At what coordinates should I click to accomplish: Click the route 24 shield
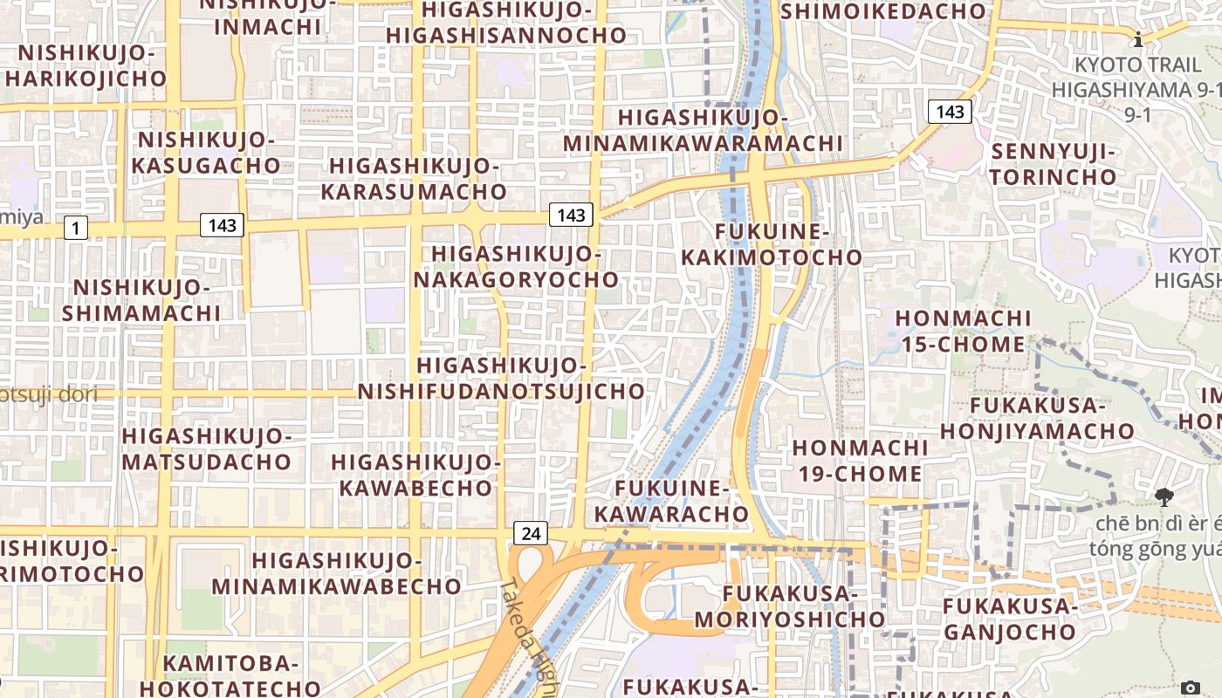pyautogui.click(x=531, y=533)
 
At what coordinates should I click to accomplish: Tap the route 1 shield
pyautogui.click(x=76, y=229)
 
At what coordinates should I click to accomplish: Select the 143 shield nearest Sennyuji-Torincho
pyautogui.click(x=950, y=111)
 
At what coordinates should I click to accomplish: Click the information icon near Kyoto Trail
pyautogui.click(x=1138, y=39)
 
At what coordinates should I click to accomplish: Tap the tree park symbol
pyautogui.click(x=1164, y=498)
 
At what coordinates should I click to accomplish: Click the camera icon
pyautogui.click(x=1190, y=688)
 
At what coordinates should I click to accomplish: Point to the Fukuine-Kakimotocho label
pyautogui.click(x=772, y=244)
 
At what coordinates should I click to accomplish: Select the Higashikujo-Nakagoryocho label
pyautogui.click(x=517, y=266)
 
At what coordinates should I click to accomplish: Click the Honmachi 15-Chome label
pyautogui.click(x=963, y=331)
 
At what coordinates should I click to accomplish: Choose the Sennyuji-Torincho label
pyautogui.click(x=1054, y=164)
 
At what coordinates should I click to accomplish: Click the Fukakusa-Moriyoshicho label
pyautogui.click(x=791, y=606)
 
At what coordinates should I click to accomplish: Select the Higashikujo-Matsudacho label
pyautogui.click(x=207, y=448)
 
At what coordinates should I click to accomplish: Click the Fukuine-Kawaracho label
pyautogui.click(x=672, y=501)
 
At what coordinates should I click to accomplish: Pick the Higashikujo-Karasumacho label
pyautogui.click(x=414, y=178)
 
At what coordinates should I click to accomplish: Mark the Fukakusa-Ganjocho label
pyautogui.click(x=1010, y=618)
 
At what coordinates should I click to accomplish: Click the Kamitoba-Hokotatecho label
pyautogui.click(x=230, y=675)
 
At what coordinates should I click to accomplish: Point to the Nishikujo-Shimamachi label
pyautogui.click(x=141, y=299)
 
